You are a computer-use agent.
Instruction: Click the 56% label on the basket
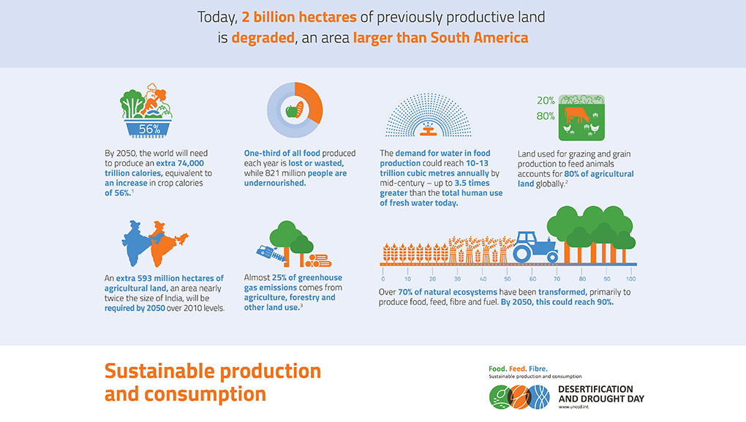149,129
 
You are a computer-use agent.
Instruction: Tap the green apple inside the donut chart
291,111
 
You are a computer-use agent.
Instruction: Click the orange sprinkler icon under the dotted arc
428,129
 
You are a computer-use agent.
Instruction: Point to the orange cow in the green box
576,115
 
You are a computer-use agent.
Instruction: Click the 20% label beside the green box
546,100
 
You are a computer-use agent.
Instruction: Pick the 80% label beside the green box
546,116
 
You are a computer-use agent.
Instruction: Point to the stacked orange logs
318,260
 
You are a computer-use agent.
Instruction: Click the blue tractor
535,247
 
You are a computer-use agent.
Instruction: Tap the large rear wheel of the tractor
522,253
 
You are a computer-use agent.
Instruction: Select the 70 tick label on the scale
557,279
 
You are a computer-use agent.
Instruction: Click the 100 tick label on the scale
631,279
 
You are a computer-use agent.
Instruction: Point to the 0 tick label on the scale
383,279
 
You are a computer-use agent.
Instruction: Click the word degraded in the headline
263,37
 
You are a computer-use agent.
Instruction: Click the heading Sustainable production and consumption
213,383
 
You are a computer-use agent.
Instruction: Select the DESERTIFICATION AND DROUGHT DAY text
601,394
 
